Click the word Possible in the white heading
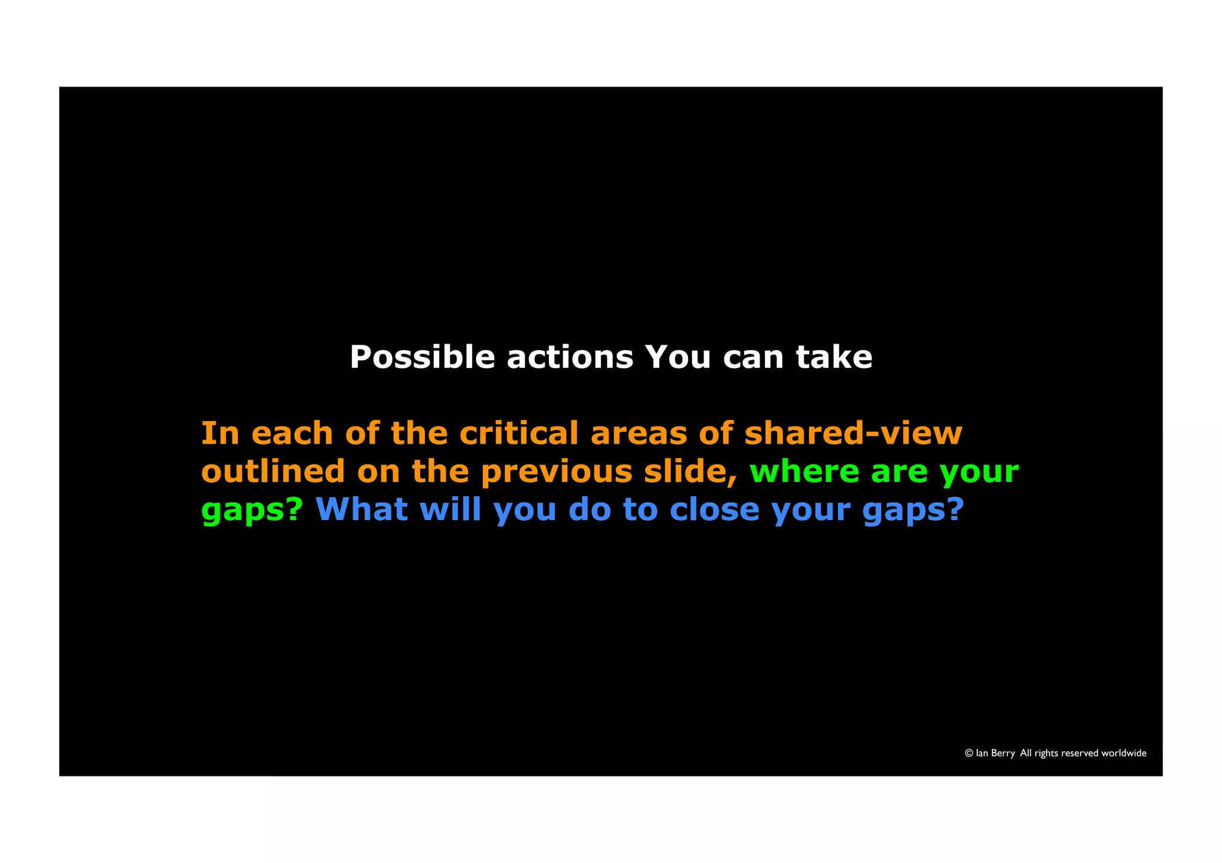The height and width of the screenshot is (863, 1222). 422,358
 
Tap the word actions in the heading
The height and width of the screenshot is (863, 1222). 569,358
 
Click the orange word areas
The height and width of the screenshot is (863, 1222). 638,434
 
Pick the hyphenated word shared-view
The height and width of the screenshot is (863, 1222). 853,433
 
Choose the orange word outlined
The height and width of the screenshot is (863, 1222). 273,471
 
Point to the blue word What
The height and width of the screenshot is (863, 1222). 362,509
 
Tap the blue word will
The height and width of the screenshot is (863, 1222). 450,509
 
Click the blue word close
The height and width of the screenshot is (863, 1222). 714,509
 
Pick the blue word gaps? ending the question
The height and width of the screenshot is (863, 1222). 914,511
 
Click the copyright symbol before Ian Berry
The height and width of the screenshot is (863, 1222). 969,753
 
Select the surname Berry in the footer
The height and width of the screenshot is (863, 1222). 1003,754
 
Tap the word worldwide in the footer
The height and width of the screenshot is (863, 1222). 1124,753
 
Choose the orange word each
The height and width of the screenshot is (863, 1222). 292,433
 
